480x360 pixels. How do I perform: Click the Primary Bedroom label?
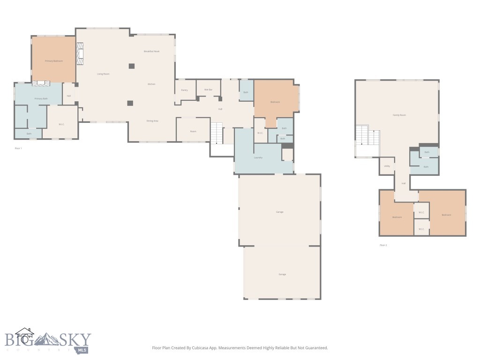[54, 61]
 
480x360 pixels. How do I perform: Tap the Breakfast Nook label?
[151, 51]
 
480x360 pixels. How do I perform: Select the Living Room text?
[103, 74]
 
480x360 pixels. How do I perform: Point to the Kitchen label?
[151, 84]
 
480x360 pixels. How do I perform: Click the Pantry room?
[184, 90]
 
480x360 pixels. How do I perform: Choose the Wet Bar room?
[208, 89]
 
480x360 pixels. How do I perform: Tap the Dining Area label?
[152, 121]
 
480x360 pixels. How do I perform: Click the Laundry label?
[258, 157]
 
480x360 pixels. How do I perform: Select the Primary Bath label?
[41, 98]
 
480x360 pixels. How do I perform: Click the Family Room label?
[399, 115]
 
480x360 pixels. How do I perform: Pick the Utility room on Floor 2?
[387, 166]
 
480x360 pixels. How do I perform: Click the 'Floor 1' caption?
[18, 148]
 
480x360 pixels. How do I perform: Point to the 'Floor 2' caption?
[383, 245]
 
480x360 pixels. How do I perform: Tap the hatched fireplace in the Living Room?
[81, 53]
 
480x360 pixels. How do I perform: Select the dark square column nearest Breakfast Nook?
[132, 66]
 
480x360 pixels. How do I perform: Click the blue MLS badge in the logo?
[83, 350]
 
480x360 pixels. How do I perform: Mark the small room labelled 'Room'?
[193, 131]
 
